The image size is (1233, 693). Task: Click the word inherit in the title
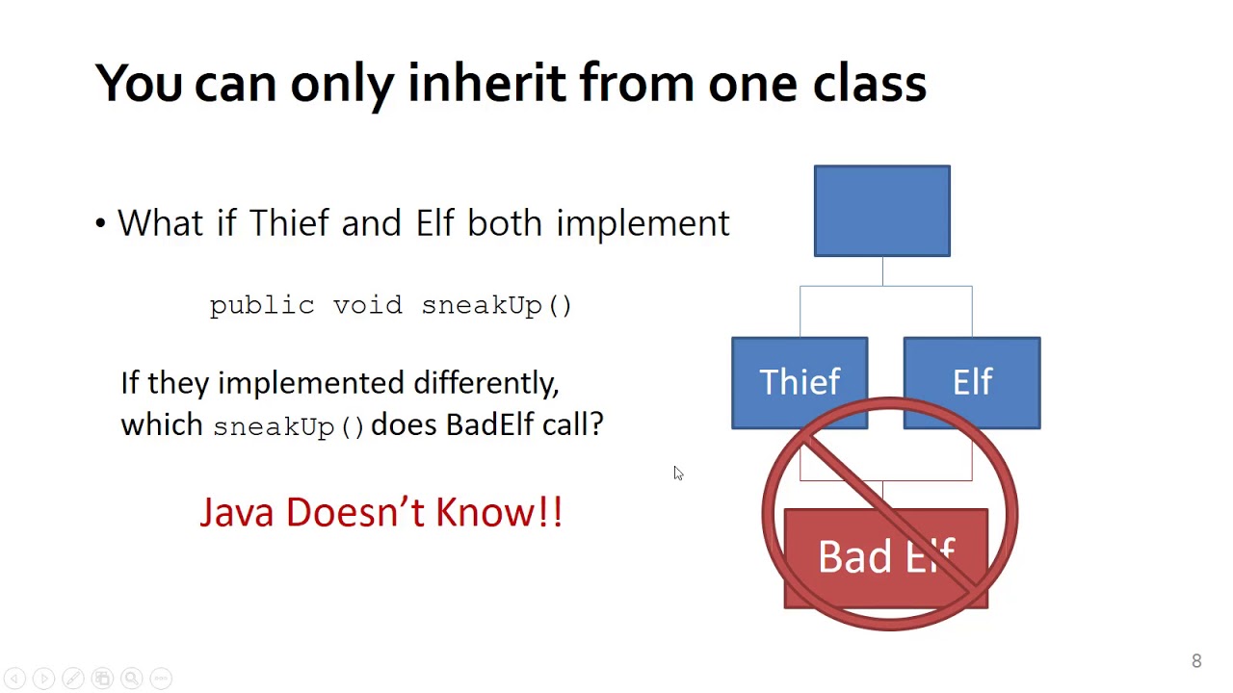coord(486,84)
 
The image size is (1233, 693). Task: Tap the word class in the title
coord(870,84)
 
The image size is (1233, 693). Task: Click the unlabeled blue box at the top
coord(881,211)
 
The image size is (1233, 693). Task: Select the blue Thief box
coord(800,382)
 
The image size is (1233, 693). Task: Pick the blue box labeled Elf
coord(971,382)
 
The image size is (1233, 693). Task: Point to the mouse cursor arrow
coord(677,472)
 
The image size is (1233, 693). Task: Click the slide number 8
coord(1196,661)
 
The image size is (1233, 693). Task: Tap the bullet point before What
coord(101,224)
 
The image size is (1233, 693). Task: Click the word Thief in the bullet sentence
coord(290,223)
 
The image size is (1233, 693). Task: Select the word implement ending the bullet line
coord(643,224)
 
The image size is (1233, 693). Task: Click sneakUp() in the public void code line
coord(497,305)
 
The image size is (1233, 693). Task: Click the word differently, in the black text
coord(485,383)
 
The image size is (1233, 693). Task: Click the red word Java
coord(237,512)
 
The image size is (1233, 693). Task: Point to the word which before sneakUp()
coord(162,424)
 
